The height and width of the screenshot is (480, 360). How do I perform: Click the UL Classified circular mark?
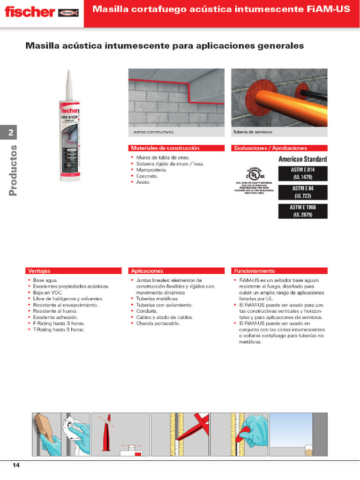click(x=254, y=174)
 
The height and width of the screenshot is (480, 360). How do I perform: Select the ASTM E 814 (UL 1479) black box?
click(x=302, y=173)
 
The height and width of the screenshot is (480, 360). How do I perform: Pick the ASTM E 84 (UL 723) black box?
click(x=302, y=192)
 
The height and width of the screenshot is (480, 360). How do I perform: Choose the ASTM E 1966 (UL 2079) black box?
click(x=302, y=211)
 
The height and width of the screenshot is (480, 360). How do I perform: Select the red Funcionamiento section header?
click(x=279, y=271)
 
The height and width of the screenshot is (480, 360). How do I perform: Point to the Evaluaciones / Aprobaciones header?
click(x=279, y=148)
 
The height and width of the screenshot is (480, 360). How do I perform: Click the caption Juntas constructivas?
click(x=153, y=132)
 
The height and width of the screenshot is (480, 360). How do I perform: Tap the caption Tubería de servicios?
click(x=253, y=132)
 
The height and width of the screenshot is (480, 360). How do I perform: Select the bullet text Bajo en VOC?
click(x=48, y=292)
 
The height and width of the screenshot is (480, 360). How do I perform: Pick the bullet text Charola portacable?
click(x=157, y=323)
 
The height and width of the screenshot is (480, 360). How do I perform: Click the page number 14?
click(x=16, y=465)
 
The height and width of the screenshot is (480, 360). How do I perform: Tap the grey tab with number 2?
click(x=11, y=133)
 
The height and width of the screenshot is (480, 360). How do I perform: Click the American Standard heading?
click(x=302, y=159)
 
